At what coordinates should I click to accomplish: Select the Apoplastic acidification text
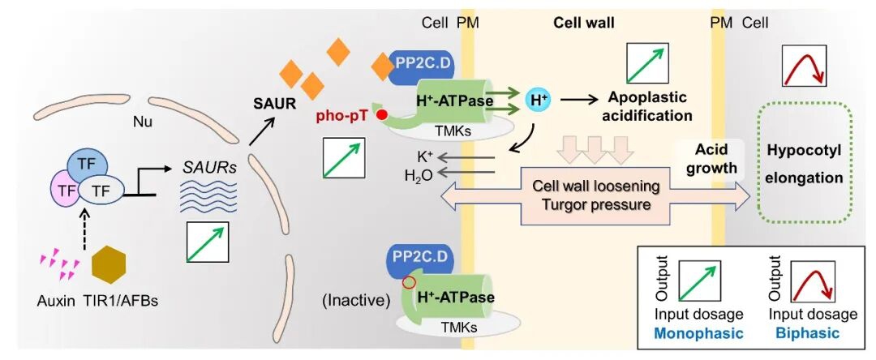(650, 106)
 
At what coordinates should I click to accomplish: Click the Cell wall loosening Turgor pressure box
(595, 195)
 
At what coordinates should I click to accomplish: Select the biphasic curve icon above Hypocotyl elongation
(803, 66)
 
